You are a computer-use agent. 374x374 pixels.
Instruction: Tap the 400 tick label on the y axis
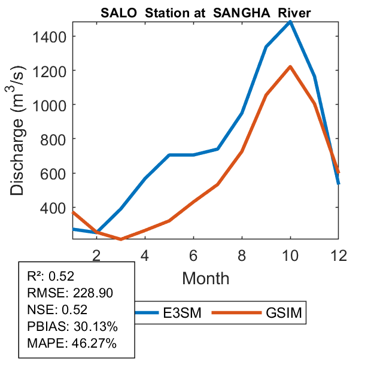[x=56, y=208]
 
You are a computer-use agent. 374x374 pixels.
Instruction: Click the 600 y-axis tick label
[x=56, y=174]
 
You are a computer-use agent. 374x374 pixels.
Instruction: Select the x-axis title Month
[x=205, y=278]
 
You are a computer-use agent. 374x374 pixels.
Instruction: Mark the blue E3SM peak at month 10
[x=290, y=22]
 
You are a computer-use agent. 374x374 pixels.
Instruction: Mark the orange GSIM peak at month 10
[x=290, y=66]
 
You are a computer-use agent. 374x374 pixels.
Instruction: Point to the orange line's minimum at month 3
[x=121, y=239]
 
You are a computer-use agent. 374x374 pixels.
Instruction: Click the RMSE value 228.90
[x=93, y=293]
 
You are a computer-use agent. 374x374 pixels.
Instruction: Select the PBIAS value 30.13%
[x=96, y=327]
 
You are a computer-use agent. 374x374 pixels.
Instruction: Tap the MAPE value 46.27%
[x=95, y=343]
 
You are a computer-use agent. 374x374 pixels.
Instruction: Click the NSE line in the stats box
[x=57, y=309]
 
